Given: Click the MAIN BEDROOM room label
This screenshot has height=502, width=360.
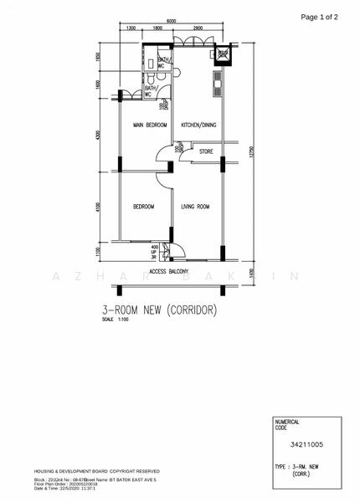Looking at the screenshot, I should click(x=150, y=125).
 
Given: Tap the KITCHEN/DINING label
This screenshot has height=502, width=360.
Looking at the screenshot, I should click(x=200, y=125).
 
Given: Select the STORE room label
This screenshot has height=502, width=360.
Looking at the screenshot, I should click(x=206, y=151).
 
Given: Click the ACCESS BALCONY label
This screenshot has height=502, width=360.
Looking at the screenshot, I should click(x=168, y=272).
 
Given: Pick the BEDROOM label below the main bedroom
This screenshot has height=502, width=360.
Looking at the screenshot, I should click(x=143, y=206).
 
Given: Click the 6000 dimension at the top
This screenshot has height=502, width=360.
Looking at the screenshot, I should click(x=171, y=21).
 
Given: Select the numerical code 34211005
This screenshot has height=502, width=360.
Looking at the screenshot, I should click(x=306, y=448).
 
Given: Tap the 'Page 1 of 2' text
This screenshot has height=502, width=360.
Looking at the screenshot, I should click(x=320, y=17).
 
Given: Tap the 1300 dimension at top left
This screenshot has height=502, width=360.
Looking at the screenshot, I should click(x=131, y=29).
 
